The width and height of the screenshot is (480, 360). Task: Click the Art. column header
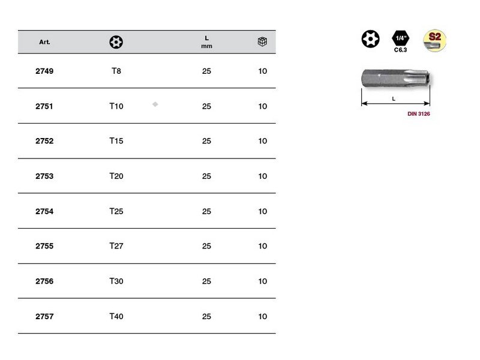[44, 42]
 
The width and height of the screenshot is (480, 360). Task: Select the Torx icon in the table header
[116, 42]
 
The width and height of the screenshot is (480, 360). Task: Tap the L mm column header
[206, 42]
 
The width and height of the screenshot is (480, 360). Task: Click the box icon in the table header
[262, 41]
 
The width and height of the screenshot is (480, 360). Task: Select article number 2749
[44, 71]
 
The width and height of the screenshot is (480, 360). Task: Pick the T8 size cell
[116, 71]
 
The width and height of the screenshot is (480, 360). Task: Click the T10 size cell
[116, 106]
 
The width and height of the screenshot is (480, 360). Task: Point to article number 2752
[44, 141]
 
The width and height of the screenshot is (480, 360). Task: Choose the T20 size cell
[116, 176]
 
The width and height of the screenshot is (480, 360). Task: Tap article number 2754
[44, 211]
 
